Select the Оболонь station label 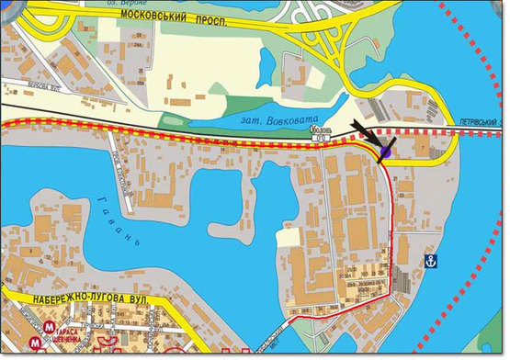coord(319,131)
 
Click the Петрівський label coord(481,119)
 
